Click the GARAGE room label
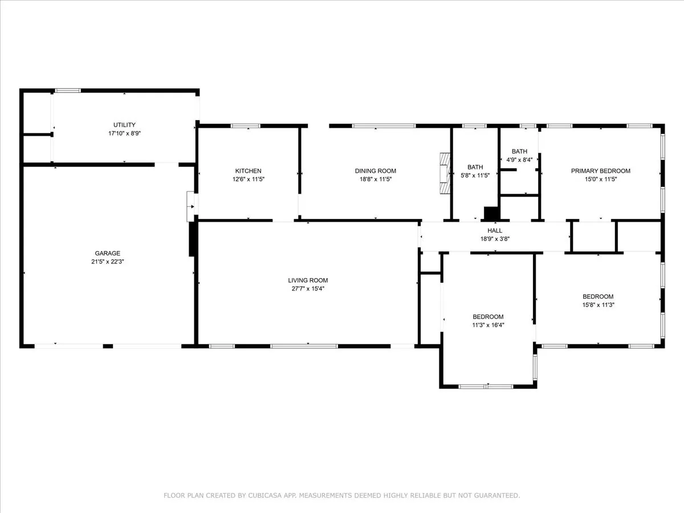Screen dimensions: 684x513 tap(108, 253)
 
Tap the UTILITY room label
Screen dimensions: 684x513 tap(124, 125)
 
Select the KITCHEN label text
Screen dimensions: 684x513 tap(249, 171)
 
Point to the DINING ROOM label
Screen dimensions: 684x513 tap(376, 171)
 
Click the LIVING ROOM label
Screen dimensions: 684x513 tap(308, 280)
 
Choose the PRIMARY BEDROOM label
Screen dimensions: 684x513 tap(600, 171)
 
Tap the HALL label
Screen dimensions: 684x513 tap(495, 230)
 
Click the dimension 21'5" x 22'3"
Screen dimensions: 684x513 tap(108, 262)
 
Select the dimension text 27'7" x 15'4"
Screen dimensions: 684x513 tap(308, 289)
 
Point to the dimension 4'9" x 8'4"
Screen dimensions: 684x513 tap(519, 160)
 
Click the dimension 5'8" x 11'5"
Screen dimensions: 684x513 tap(475, 176)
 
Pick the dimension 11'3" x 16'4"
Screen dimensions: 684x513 tap(488, 325)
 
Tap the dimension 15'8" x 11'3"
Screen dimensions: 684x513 tap(598, 305)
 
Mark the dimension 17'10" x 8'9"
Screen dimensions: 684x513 tap(124, 133)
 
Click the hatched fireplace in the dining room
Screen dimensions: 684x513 tap(445, 173)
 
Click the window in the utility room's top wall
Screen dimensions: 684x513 tap(68, 91)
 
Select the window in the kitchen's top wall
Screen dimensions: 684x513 tap(246, 126)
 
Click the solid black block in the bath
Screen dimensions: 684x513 tap(491, 213)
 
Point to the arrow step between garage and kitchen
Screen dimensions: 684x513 tap(192, 206)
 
